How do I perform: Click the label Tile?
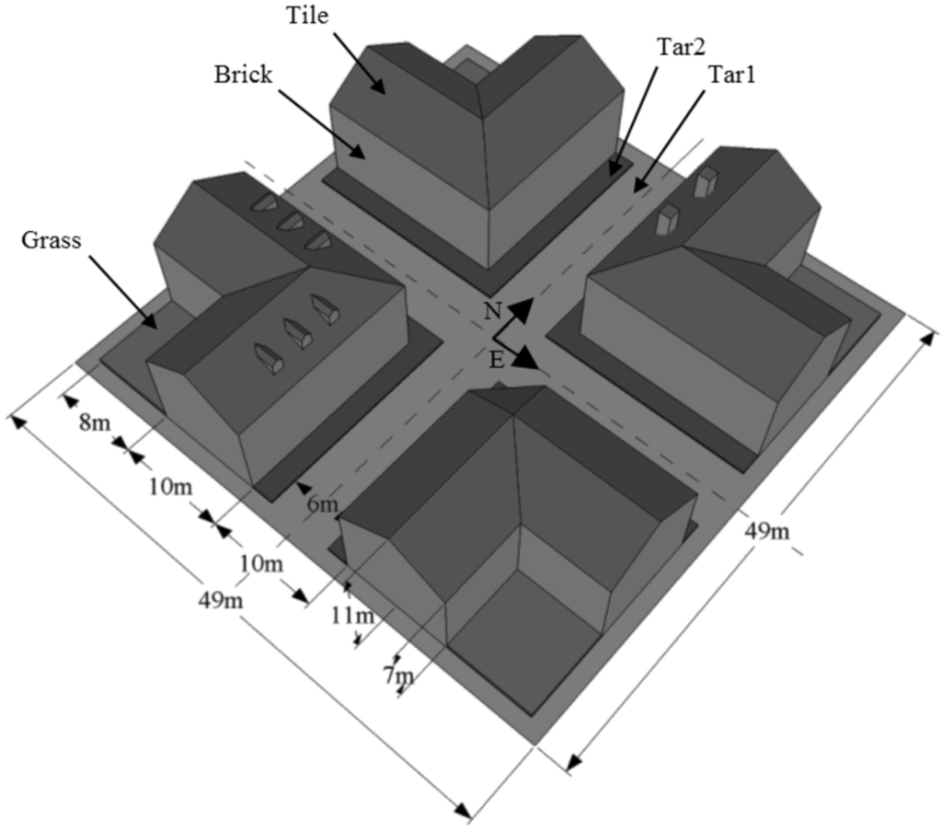click(307, 16)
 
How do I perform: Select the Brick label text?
click(244, 75)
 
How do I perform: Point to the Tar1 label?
click(732, 77)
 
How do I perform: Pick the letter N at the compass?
click(493, 311)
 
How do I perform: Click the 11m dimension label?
click(353, 615)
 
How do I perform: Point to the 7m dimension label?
click(398, 677)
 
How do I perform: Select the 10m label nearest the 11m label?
click(260, 562)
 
